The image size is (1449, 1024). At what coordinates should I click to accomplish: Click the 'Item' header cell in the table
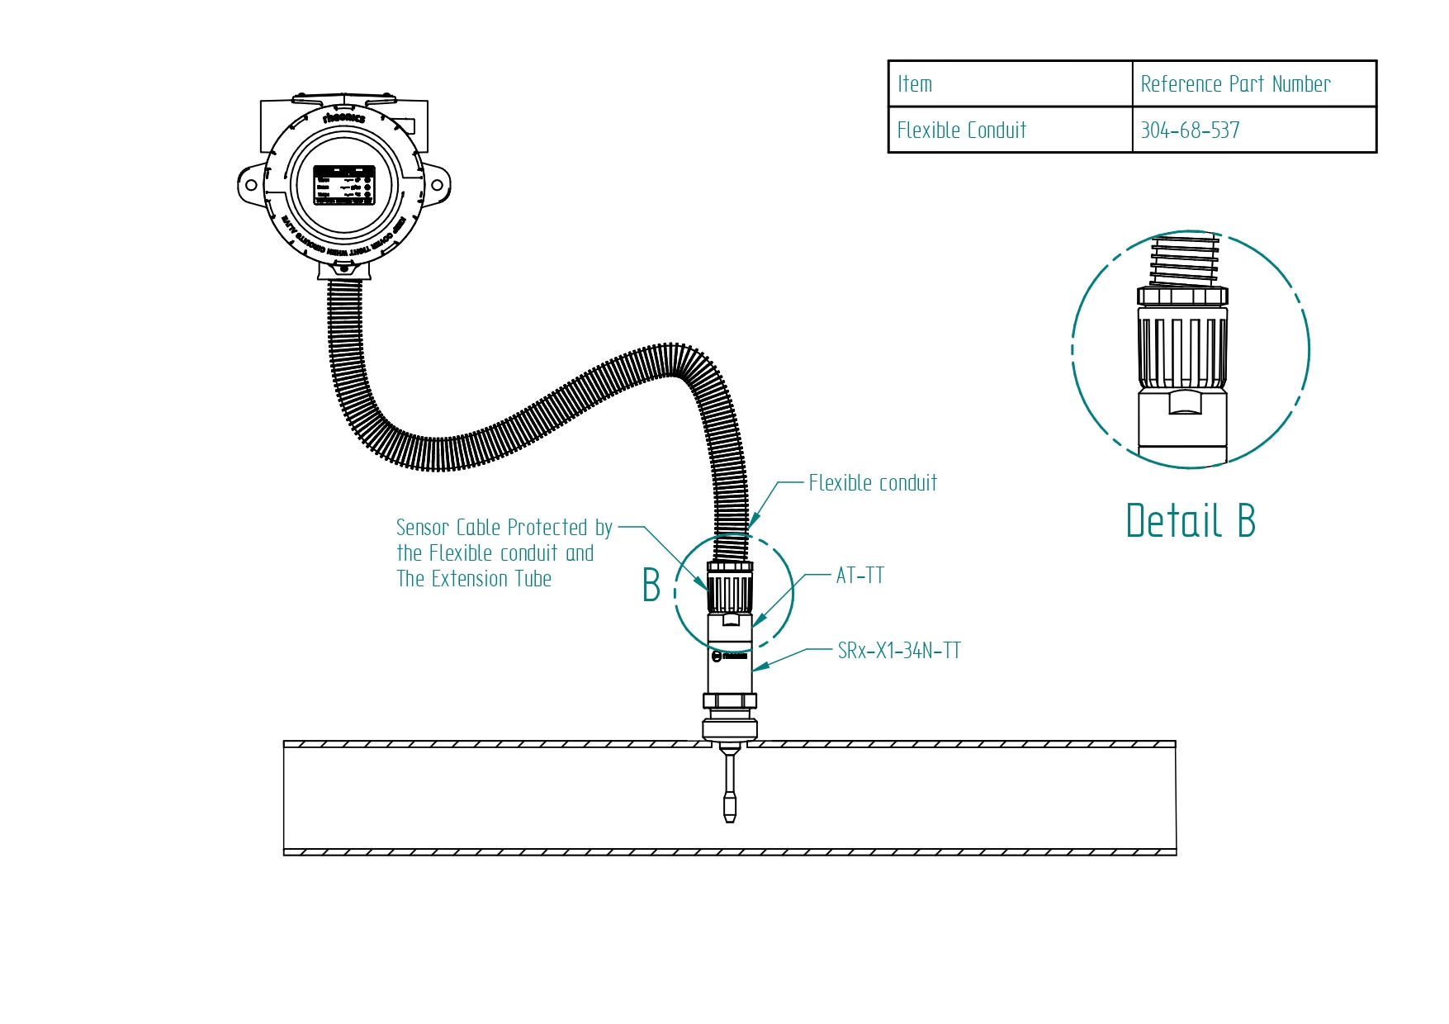tap(915, 84)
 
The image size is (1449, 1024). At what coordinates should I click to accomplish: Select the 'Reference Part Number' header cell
tap(1235, 84)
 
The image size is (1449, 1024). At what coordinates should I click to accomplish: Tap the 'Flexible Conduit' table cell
tap(961, 130)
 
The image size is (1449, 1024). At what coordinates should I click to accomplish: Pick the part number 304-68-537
tap(1190, 130)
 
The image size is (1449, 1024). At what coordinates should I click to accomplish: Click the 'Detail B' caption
tap(1190, 521)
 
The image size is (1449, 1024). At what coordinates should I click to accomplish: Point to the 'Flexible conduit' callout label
tap(873, 483)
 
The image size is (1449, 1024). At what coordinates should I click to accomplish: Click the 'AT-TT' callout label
tap(859, 576)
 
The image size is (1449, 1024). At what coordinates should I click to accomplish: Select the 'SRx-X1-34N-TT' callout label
tap(899, 651)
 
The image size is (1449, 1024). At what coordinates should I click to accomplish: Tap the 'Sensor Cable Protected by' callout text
tap(504, 528)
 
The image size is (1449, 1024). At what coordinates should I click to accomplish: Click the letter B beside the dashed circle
tap(651, 585)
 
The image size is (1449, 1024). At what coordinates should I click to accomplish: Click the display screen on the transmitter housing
tap(344, 185)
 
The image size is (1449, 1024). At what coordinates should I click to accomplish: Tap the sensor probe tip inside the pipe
tap(729, 808)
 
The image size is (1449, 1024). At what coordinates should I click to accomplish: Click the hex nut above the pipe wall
tap(729, 701)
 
